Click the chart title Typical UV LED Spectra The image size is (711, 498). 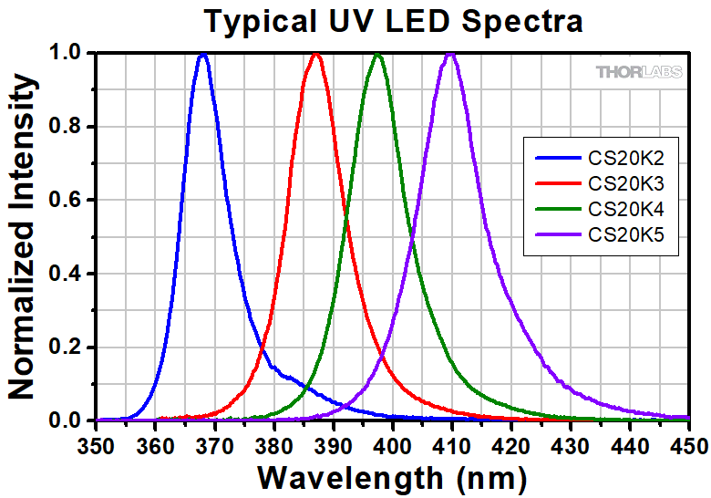(393, 20)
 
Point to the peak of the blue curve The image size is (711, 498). (203, 55)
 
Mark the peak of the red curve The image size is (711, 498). (316, 55)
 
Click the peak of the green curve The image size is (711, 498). (377, 55)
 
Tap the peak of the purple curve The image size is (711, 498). (450, 55)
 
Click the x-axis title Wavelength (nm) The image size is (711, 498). (392, 476)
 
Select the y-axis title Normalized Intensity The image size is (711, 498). (22, 237)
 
